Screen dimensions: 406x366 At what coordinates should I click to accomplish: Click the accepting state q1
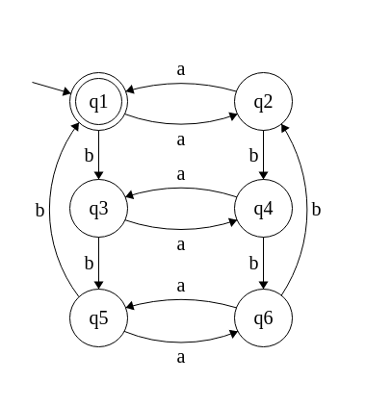(98, 101)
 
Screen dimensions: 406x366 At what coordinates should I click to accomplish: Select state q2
(264, 101)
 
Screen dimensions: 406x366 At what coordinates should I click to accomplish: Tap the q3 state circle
(98, 208)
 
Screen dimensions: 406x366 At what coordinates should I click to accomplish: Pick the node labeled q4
(264, 208)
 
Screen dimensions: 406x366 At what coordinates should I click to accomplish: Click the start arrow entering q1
(50, 88)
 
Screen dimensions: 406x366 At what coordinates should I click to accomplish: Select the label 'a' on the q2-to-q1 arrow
(181, 69)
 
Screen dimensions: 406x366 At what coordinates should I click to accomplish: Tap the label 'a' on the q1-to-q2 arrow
(181, 139)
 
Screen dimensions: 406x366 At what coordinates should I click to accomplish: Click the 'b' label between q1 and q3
(89, 155)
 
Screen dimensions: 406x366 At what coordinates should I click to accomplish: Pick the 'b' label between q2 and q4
(253, 155)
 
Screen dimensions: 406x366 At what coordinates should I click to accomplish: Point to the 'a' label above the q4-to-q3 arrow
(181, 175)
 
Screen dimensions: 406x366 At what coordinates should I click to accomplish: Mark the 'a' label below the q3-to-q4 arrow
(181, 244)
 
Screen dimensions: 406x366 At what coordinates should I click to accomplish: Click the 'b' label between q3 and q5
(89, 262)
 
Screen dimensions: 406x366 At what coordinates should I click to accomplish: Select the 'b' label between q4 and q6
(253, 262)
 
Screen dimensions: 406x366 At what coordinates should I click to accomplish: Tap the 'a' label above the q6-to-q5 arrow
(181, 286)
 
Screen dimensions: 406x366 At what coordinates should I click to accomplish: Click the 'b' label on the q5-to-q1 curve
(39, 209)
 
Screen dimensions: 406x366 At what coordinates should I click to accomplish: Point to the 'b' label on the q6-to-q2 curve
(316, 209)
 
